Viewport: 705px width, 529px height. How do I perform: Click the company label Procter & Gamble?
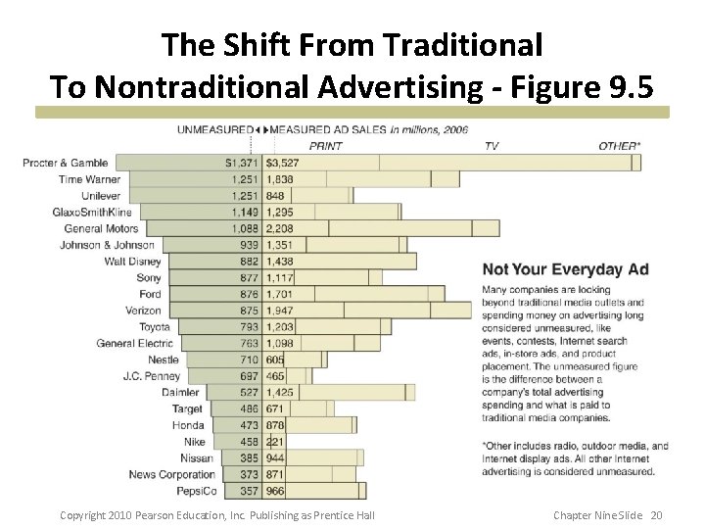pos(66,163)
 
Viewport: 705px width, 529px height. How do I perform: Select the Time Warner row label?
pos(89,179)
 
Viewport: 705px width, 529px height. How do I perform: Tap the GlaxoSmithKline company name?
pos(92,212)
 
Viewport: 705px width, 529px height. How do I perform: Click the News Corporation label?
pos(171,474)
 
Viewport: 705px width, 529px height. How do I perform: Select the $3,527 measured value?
pos(282,163)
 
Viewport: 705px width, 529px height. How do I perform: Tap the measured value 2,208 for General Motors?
pos(279,228)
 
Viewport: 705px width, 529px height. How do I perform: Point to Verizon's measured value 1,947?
pos(279,311)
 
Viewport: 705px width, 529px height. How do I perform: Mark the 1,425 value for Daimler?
pos(279,393)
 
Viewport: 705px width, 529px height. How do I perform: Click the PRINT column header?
pos(325,146)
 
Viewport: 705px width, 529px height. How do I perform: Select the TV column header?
pos(492,146)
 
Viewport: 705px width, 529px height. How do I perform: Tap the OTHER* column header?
pos(620,146)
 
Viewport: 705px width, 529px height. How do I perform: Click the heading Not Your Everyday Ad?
pos(565,269)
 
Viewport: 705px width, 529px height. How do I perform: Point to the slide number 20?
pos(656,515)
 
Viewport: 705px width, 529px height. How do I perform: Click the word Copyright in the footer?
pos(82,515)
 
